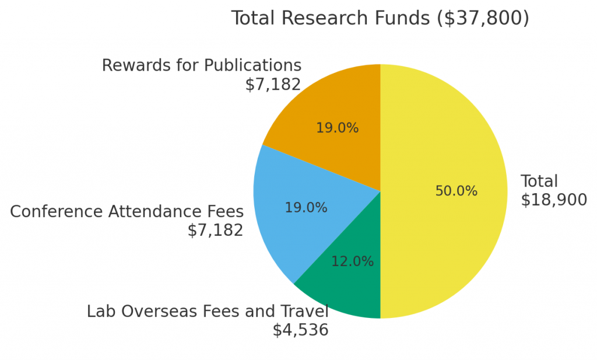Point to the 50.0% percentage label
point(456,191)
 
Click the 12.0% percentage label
point(352,262)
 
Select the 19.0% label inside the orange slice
point(337,128)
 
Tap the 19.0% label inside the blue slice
point(305,208)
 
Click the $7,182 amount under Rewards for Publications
point(273,85)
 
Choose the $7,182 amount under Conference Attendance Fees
point(215,230)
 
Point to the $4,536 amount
point(300,330)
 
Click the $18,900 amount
point(553,200)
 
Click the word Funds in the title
point(402,19)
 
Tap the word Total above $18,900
point(539,181)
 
